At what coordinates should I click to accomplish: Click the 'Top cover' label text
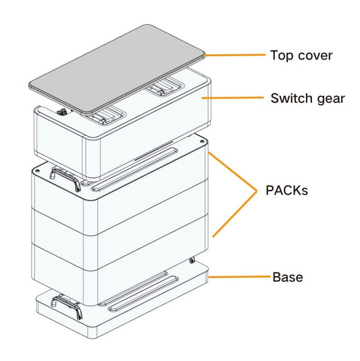pyautogui.click(x=301, y=55)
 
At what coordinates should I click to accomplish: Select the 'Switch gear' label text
pyautogui.click(x=307, y=99)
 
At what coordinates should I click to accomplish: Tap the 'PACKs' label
pyautogui.click(x=286, y=191)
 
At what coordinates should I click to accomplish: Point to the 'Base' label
pyautogui.click(x=287, y=277)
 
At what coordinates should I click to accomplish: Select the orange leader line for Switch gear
pyautogui.click(x=236, y=99)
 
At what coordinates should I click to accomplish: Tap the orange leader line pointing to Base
pyautogui.click(x=240, y=277)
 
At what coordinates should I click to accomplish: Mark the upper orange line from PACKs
pyautogui.click(x=233, y=172)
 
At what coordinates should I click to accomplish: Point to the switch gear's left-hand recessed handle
pyautogui.click(x=108, y=116)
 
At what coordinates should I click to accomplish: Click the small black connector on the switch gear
pyautogui.click(x=63, y=114)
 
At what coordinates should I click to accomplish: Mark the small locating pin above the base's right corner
pyautogui.click(x=193, y=260)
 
